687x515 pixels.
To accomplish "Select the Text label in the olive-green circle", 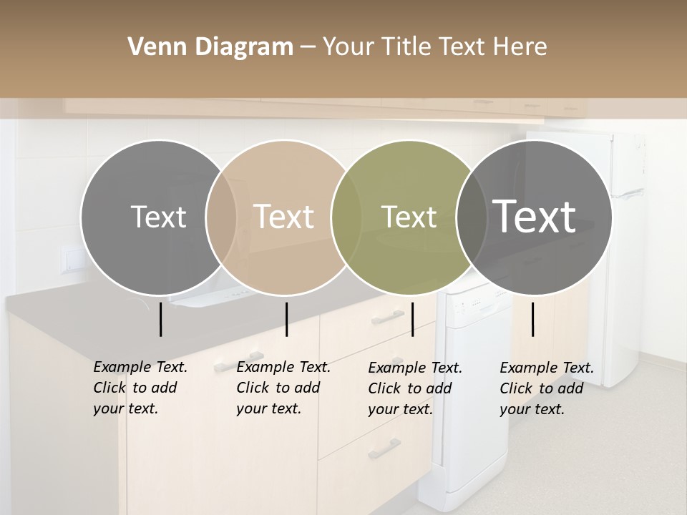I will (x=409, y=217).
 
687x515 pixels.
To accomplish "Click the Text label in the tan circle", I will (x=283, y=217).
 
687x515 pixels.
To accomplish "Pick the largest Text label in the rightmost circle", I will (x=535, y=216).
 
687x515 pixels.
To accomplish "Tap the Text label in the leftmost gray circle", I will (x=158, y=217).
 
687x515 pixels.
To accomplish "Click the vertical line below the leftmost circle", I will (x=160, y=319).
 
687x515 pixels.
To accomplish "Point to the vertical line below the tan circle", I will (x=286, y=319).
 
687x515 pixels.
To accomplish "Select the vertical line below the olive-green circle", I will (x=412, y=319).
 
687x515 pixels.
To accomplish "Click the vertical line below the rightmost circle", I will (x=532, y=319).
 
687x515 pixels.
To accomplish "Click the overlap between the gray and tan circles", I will (x=221, y=217).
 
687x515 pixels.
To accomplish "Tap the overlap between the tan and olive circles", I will (x=346, y=217).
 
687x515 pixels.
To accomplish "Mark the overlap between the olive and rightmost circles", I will (x=469, y=217).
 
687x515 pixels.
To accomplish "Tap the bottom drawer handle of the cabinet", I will (x=384, y=449).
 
